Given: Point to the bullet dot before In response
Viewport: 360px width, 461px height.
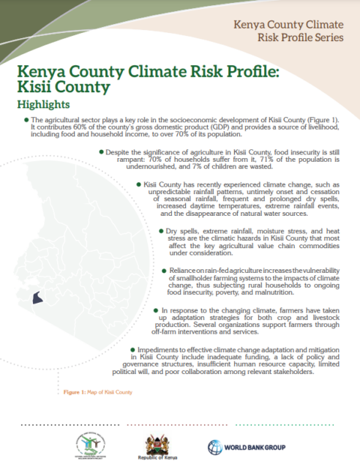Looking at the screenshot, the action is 156,310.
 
